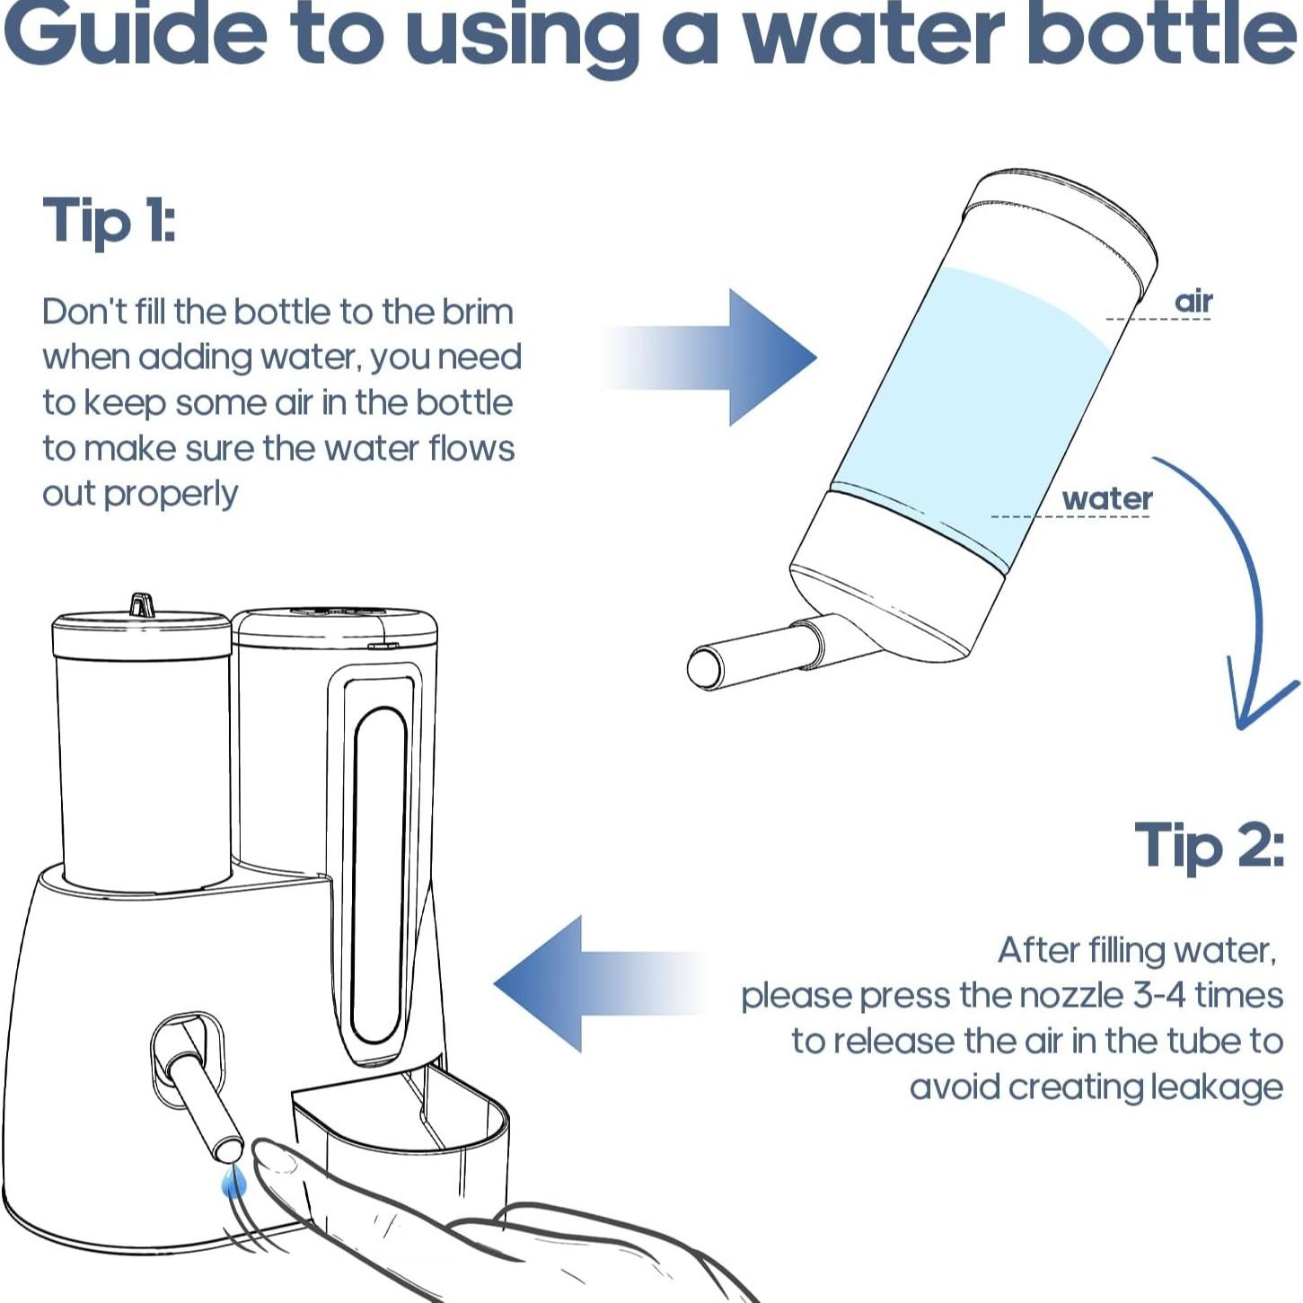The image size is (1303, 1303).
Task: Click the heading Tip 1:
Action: pyautogui.click(x=109, y=221)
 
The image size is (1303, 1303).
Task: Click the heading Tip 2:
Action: pyautogui.click(x=1209, y=845)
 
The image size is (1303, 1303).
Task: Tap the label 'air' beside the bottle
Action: pyautogui.click(x=1193, y=302)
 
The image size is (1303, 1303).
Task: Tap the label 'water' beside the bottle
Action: pyautogui.click(x=1106, y=498)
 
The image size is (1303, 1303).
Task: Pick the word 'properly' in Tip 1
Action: pyautogui.click(x=171, y=494)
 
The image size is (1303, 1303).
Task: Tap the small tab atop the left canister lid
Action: pyautogui.click(x=142, y=604)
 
